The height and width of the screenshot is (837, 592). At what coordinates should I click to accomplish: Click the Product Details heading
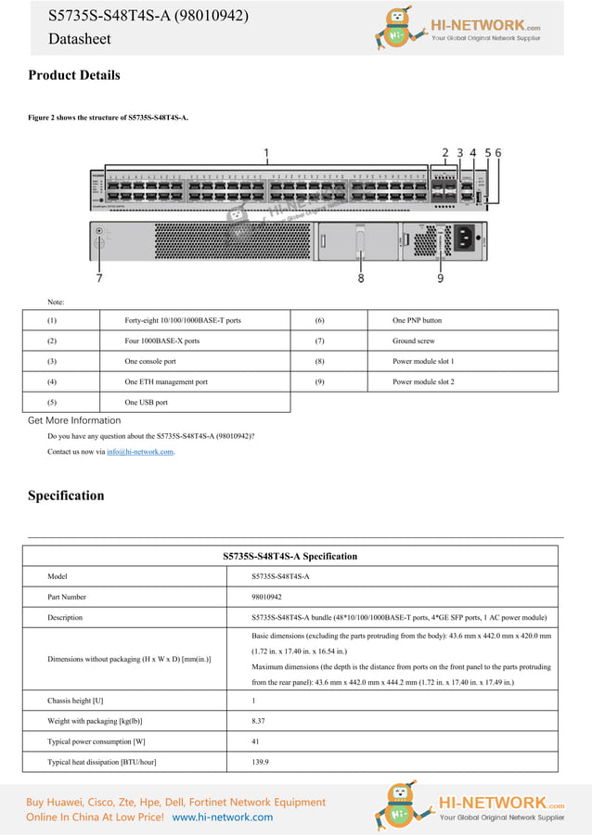tap(74, 75)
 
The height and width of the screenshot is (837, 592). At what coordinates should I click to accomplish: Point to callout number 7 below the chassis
tap(99, 277)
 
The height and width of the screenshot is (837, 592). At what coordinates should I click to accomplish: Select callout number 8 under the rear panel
tap(361, 277)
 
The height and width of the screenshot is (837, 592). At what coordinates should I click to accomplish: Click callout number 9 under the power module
tap(440, 277)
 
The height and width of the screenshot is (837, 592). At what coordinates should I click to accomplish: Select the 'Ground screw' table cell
tap(413, 341)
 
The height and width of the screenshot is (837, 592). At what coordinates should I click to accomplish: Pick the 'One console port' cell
tap(150, 361)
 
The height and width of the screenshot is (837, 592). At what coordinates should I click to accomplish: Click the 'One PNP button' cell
tap(417, 320)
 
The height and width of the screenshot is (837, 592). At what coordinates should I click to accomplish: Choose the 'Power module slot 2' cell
tap(423, 381)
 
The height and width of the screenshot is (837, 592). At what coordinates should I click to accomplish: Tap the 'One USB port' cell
tap(146, 402)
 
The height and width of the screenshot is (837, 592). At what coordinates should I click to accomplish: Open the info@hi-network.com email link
tap(139, 452)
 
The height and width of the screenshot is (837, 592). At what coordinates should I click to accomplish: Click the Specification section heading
tap(66, 496)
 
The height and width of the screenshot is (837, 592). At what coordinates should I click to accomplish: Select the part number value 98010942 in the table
tap(266, 597)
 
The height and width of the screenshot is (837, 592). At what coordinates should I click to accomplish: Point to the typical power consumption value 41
tap(255, 741)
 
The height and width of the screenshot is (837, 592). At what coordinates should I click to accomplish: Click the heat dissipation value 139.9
tap(261, 762)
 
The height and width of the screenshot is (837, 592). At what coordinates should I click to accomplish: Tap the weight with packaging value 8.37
tap(259, 721)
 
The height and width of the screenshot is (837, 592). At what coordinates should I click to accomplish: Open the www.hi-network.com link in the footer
tap(223, 818)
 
